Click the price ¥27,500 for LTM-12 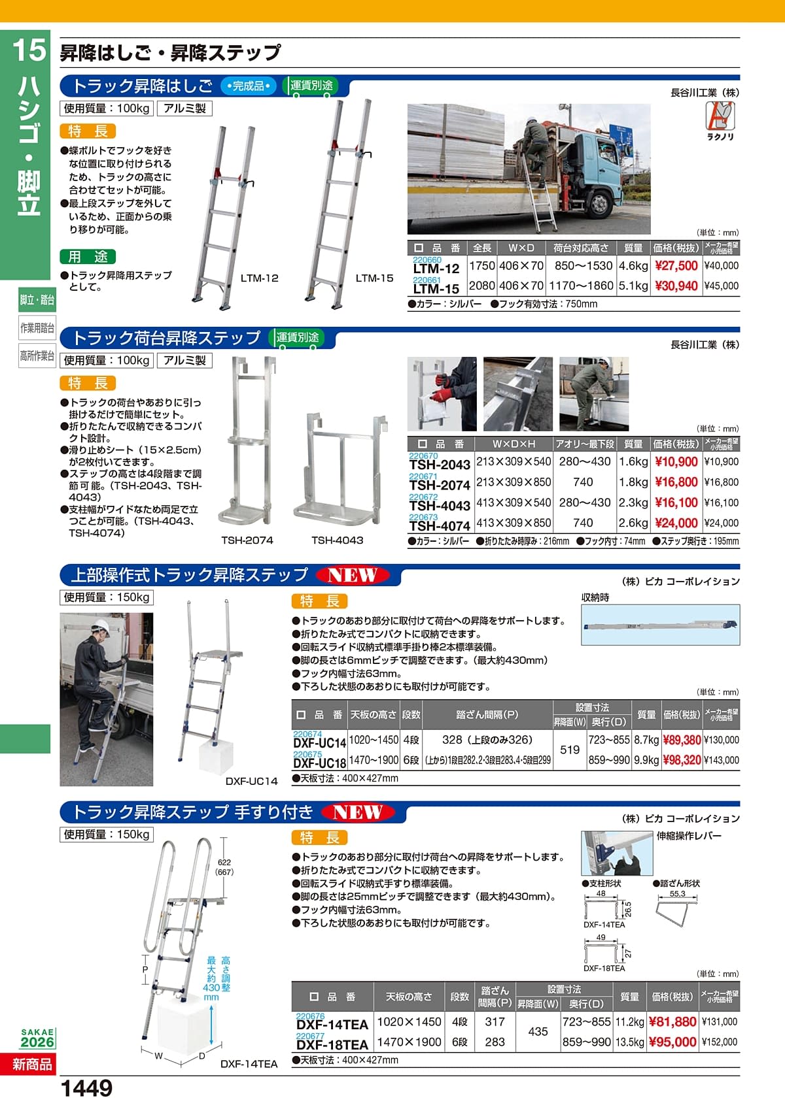[x=676, y=266]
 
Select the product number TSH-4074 [x=440, y=525]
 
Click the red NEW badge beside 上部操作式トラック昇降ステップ [x=353, y=575]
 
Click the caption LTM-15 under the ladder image [x=374, y=278]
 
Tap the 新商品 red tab [x=31, y=1065]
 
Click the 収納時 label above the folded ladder [x=595, y=597]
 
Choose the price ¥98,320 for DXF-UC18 [x=682, y=760]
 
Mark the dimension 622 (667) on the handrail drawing [x=224, y=867]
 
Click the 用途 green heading [x=88, y=257]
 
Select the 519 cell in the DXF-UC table [x=570, y=750]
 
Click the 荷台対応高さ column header [x=580, y=248]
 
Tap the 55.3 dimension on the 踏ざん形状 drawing [x=677, y=893]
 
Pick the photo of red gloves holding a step [x=442, y=394]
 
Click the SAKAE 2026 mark [x=37, y=1038]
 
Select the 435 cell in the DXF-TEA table [x=538, y=1032]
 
